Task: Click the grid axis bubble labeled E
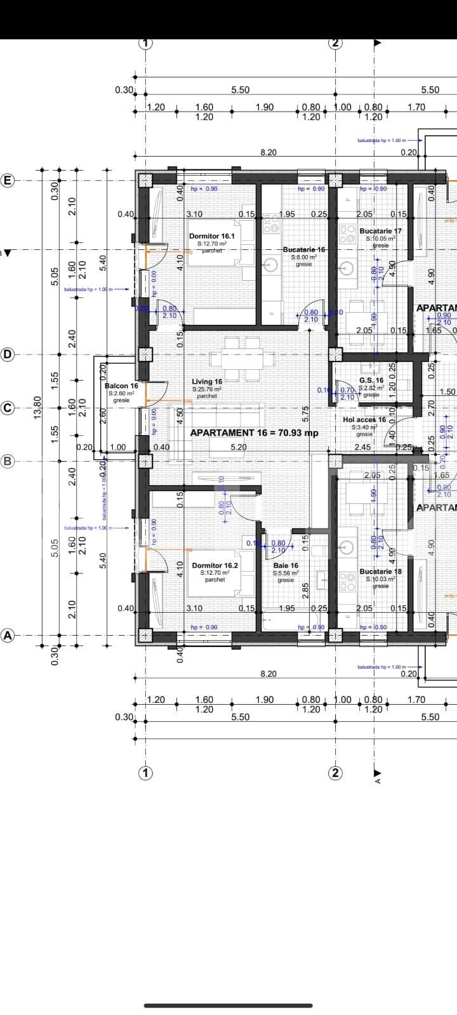point(8,181)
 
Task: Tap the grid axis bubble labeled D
point(8,355)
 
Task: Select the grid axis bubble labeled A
point(8,635)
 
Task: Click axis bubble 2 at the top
point(335,43)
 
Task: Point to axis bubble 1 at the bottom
point(146,773)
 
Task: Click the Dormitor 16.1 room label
point(212,236)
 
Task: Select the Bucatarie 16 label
point(304,249)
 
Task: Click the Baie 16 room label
point(286,565)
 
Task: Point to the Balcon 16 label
point(121,386)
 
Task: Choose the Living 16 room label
point(207,382)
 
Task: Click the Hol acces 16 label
point(364,420)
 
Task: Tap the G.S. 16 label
point(371,381)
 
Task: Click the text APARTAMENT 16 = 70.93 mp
point(254,433)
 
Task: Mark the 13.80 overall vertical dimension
point(37,406)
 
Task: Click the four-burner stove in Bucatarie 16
point(271,221)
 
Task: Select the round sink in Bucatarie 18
point(347,547)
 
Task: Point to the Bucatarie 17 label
point(380,231)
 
